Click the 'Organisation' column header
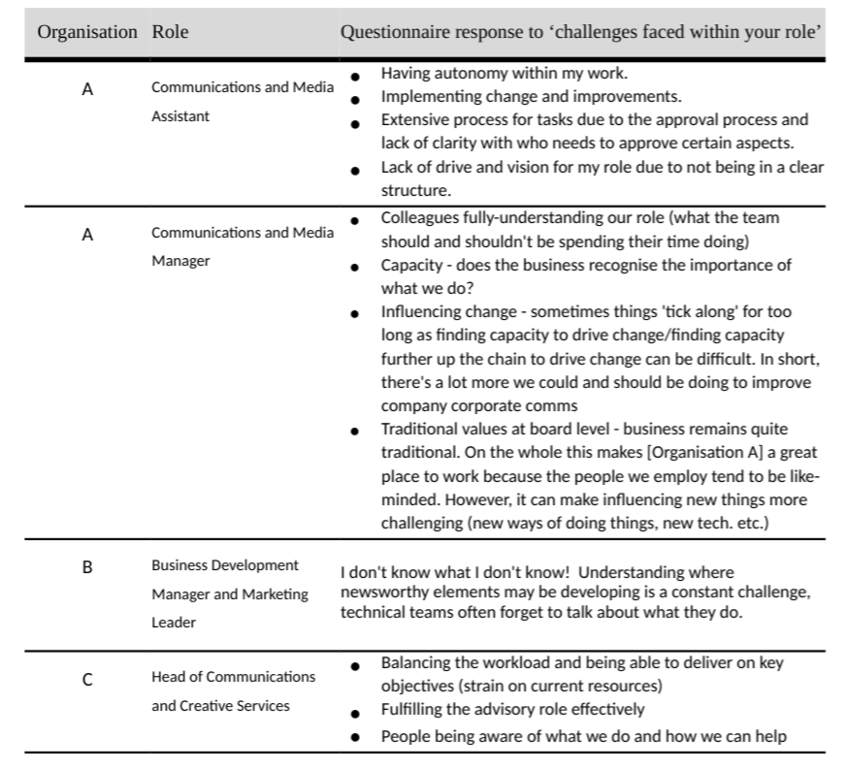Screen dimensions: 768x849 coord(87,32)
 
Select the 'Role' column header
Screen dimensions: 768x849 coord(170,32)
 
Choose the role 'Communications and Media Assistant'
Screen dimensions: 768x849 coord(242,101)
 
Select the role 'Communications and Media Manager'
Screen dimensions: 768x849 coord(242,246)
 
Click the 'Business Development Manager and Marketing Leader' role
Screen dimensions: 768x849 coord(230,593)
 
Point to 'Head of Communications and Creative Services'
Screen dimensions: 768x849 coord(233,690)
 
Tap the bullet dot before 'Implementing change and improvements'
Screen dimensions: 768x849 coord(358,98)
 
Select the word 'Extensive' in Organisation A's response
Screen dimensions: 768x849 coord(414,120)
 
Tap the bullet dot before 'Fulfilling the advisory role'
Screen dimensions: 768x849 coord(358,712)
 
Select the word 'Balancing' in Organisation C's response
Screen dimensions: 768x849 coord(415,663)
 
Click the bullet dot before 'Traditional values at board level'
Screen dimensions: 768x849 coord(358,430)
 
